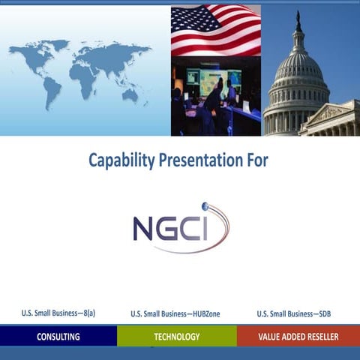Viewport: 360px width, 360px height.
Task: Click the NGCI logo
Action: [180, 227]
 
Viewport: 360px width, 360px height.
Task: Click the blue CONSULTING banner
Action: [58, 337]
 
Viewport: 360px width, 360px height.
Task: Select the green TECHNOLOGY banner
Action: [176, 337]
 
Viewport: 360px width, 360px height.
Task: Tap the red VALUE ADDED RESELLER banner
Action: [298, 337]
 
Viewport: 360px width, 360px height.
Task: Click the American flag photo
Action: [215, 30]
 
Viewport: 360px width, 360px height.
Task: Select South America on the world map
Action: [50, 90]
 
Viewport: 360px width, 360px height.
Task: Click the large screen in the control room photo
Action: [217, 80]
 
